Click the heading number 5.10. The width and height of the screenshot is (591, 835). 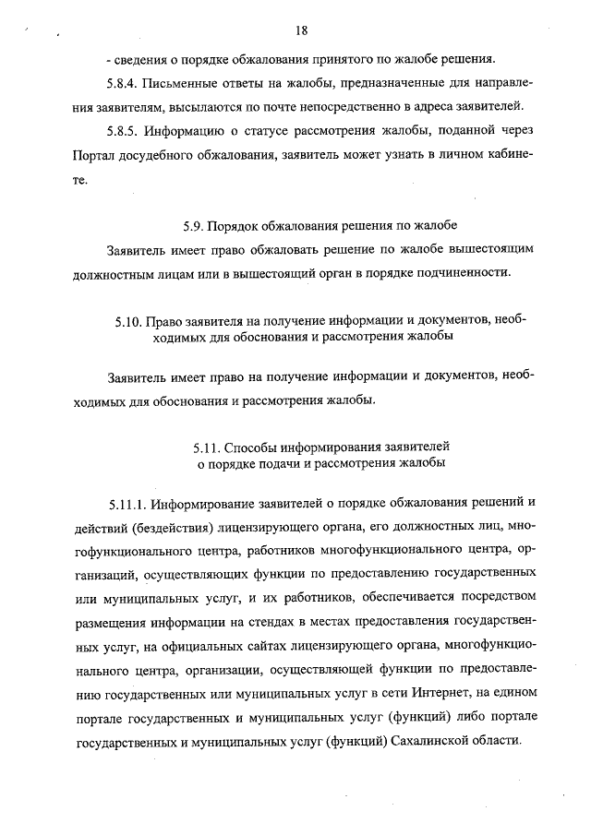(129, 321)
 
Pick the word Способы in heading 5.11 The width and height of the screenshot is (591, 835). (257, 444)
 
